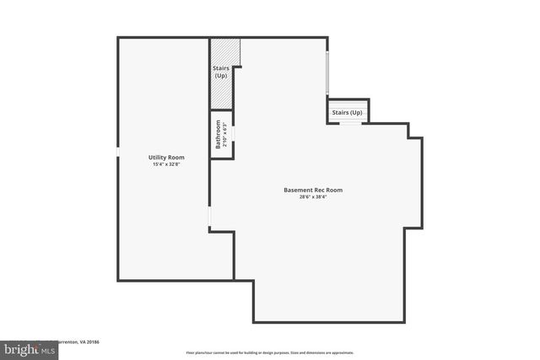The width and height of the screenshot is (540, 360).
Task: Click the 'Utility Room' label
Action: point(166,158)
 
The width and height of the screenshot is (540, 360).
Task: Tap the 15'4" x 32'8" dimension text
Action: point(166,164)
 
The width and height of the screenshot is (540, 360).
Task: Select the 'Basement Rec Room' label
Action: point(313,190)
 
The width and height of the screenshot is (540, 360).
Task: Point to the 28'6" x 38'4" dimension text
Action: point(313,197)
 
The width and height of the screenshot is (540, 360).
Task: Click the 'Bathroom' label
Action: point(217,135)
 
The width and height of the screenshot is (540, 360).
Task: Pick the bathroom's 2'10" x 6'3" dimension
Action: point(224,135)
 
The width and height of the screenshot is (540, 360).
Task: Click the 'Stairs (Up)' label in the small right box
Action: point(347,112)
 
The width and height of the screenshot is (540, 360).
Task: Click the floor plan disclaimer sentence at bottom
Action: point(269,352)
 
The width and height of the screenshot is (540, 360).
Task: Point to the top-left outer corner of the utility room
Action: point(118,38)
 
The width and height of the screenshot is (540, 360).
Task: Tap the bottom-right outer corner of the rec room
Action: point(404,321)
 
